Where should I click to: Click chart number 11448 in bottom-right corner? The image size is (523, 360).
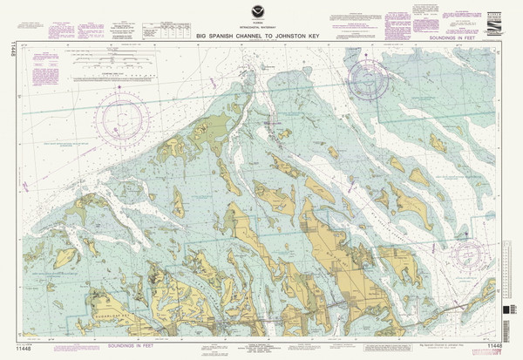pyautogui.click(x=496, y=350)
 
